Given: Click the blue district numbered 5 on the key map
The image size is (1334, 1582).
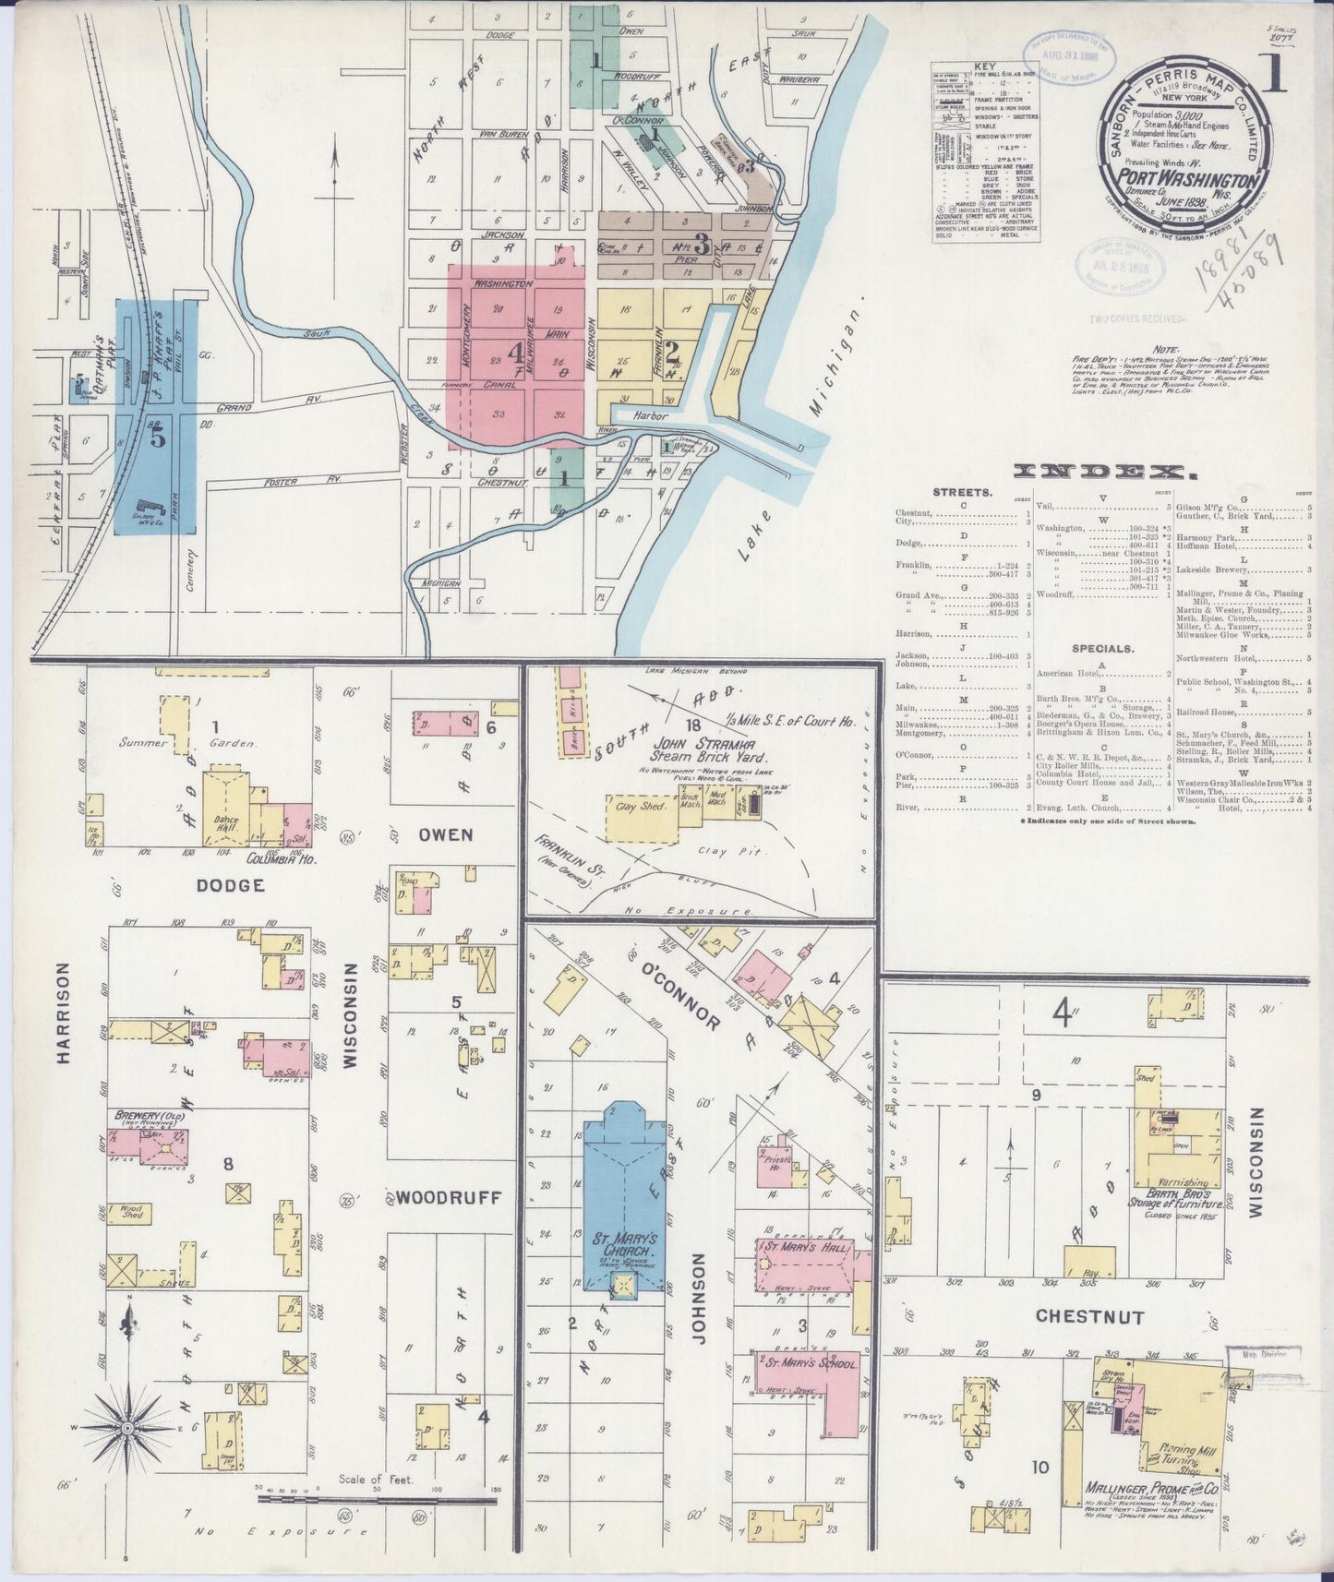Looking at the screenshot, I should click(157, 438).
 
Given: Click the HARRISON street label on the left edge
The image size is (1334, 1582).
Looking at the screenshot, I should click(64, 1013).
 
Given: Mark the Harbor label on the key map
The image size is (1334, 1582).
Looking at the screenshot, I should click(649, 416).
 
